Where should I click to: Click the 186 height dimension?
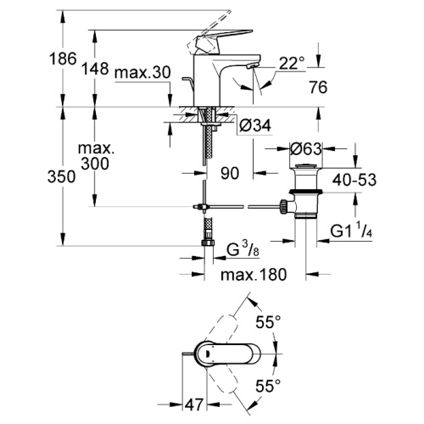[63, 59]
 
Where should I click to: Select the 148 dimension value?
[95, 69]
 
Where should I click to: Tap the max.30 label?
[142, 72]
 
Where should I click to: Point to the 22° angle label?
[293, 64]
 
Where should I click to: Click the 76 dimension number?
[318, 86]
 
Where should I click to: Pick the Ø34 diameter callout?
[254, 126]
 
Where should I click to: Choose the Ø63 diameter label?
[306, 148]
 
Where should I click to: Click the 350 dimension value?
[61, 177]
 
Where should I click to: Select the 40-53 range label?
[354, 180]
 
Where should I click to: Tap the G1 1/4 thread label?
[351, 231]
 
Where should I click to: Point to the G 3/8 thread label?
[243, 249]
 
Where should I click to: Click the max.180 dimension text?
[254, 275]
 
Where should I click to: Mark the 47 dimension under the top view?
[194, 404]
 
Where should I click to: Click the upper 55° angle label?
[268, 322]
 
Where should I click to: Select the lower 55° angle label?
[268, 386]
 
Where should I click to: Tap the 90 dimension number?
[230, 173]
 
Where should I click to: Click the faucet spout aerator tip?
[252, 66]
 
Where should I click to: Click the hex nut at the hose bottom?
[208, 243]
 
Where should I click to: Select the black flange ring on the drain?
[305, 192]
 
